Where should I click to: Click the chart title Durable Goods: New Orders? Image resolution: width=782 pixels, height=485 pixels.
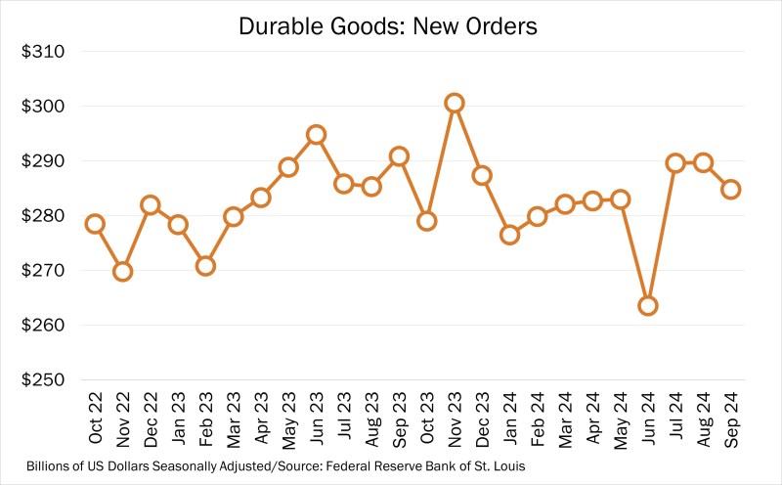388,26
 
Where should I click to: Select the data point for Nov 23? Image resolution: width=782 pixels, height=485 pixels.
454,103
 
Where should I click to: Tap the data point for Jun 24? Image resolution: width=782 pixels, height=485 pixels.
647,305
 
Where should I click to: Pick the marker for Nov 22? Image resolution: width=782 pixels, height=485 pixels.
122,271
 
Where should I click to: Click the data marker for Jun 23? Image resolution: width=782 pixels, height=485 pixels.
316,134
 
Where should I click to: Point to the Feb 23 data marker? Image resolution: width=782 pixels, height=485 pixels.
205,265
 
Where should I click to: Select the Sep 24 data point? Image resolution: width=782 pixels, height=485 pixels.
730,189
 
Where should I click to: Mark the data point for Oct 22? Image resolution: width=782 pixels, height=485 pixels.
95,224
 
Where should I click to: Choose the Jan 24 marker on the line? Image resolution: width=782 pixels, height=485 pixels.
509,235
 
